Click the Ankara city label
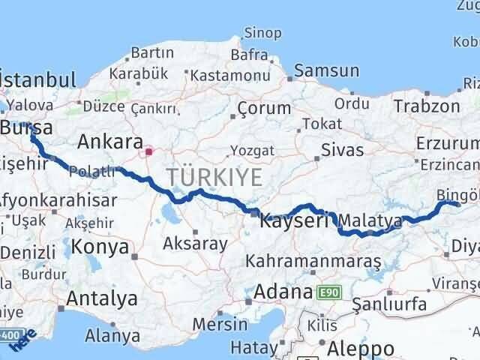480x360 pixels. [x=110, y=142]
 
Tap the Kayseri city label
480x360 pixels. [x=295, y=221]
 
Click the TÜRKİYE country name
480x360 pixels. [x=214, y=178]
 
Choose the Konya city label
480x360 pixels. [x=100, y=246]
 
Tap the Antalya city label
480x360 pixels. [x=101, y=298]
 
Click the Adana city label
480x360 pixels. [x=283, y=291]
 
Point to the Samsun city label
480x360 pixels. [x=326, y=71]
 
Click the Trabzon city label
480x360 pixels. [x=427, y=106]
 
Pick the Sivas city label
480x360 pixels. [x=342, y=149]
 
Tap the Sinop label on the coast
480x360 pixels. [x=263, y=33]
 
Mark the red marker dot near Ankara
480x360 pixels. [x=149, y=153]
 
